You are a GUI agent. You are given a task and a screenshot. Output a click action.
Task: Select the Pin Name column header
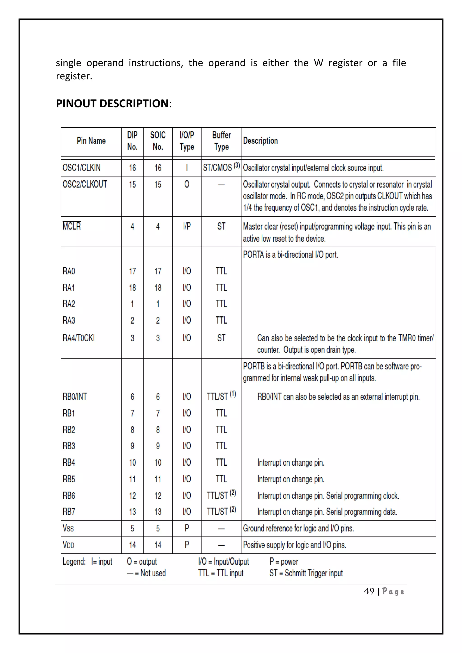click(x=91, y=141)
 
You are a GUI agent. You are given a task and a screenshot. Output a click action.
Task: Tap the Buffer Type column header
click(x=221, y=141)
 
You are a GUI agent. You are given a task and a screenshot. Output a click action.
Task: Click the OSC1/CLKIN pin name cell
click(x=81, y=168)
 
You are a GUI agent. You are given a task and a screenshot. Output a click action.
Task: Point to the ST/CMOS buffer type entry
click(x=221, y=167)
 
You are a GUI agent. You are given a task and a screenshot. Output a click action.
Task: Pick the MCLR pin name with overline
click(x=72, y=226)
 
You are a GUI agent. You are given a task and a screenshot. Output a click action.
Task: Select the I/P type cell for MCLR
click(x=187, y=226)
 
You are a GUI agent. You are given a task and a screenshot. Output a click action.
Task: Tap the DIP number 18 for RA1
click(x=132, y=288)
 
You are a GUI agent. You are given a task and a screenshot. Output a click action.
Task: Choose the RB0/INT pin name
click(x=75, y=397)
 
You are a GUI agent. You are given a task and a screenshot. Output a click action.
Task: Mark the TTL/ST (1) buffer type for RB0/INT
click(x=221, y=396)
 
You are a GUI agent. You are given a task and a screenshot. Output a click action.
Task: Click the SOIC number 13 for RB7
click(x=158, y=512)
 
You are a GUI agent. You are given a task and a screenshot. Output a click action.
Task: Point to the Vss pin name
click(x=68, y=529)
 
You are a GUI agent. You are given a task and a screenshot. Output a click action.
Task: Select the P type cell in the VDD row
click(x=187, y=545)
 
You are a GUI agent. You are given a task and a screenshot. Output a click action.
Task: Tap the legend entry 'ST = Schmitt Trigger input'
click(x=306, y=573)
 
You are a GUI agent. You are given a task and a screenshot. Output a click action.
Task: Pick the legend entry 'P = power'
click(x=284, y=562)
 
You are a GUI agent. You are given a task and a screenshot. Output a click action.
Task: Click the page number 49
click(x=369, y=592)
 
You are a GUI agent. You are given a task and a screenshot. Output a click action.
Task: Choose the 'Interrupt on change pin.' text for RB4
click(x=291, y=463)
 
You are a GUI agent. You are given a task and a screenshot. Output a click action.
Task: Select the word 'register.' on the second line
click(x=74, y=76)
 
